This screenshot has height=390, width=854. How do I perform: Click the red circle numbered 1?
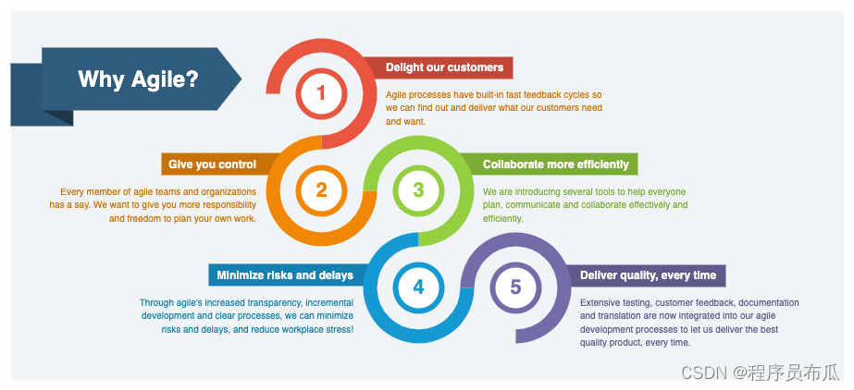click(321, 92)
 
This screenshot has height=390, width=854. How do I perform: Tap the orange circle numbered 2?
click(321, 190)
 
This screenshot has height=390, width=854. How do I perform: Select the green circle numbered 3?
click(418, 190)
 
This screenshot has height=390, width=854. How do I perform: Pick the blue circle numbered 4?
click(418, 287)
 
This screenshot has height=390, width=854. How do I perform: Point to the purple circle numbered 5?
click(515, 287)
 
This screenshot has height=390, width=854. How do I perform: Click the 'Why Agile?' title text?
click(138, 79)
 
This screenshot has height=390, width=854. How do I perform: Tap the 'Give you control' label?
click(212, 165)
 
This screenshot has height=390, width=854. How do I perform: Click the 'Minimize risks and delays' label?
click(285, 275)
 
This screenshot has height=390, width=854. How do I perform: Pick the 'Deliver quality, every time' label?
click(648, 275)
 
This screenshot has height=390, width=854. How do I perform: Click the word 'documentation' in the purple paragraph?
click(769, 302)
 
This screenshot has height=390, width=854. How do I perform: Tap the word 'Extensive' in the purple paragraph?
click(601, 302)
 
